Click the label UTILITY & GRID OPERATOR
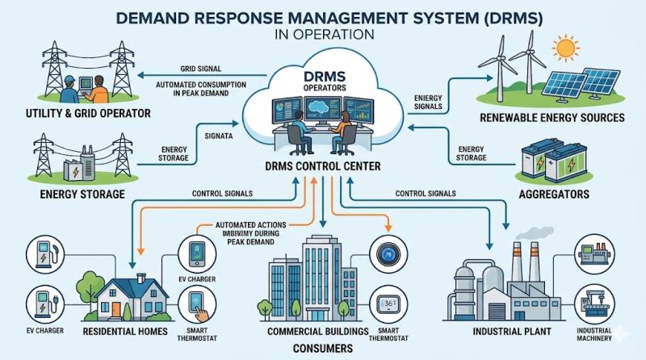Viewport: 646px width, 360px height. click(78, 114)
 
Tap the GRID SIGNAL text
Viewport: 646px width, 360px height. click(200, 69)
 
